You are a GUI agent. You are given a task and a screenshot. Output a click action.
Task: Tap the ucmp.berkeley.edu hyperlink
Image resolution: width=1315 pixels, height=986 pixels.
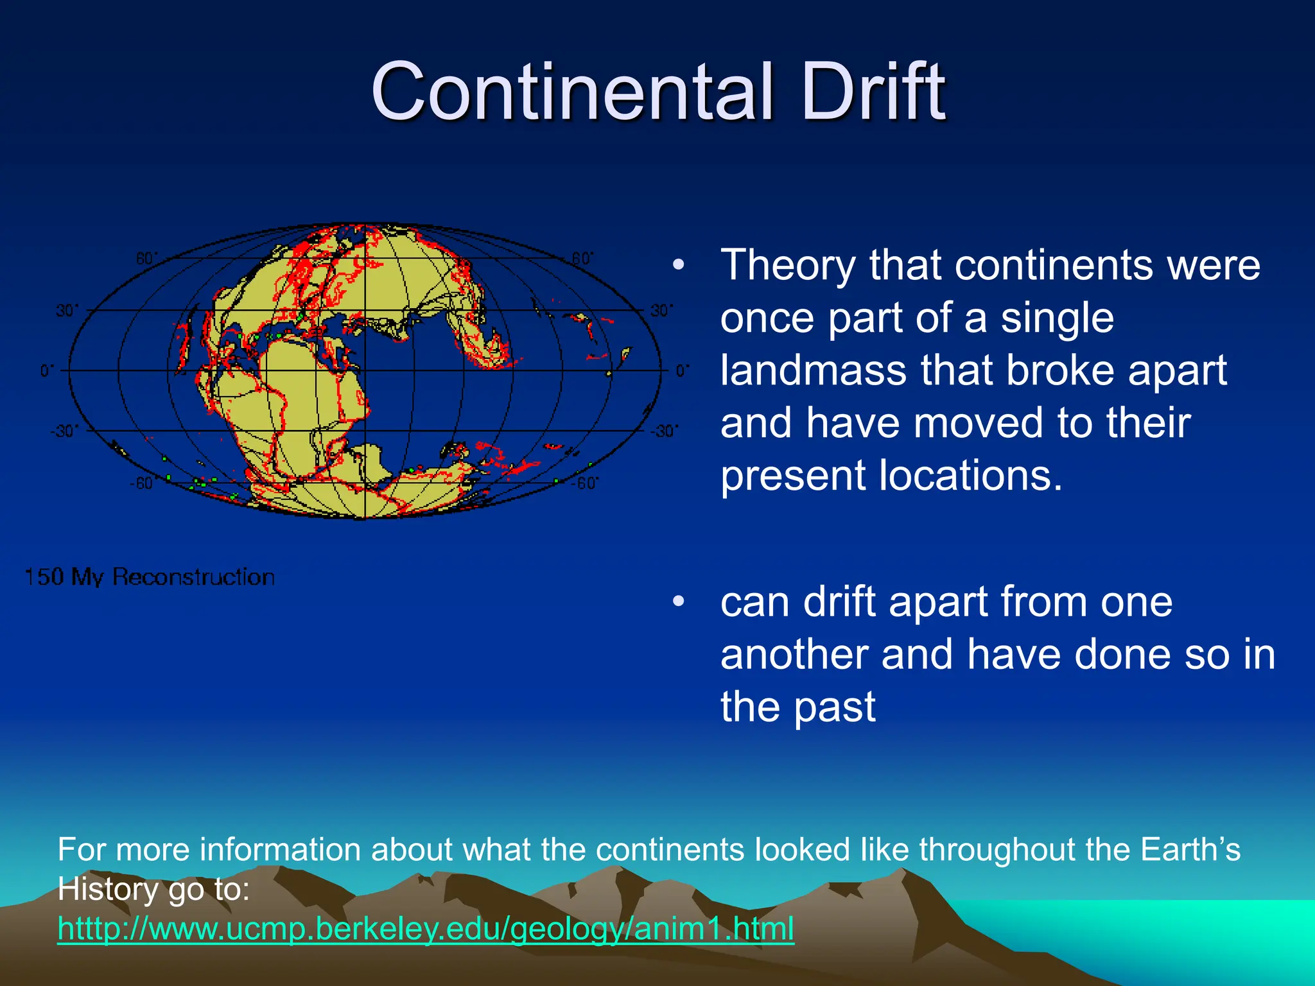coord(426,928)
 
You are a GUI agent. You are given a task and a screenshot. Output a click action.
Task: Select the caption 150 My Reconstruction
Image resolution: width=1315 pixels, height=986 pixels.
coord(150,576)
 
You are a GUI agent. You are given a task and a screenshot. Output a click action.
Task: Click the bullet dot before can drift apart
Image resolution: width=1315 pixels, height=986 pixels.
coord(679,601)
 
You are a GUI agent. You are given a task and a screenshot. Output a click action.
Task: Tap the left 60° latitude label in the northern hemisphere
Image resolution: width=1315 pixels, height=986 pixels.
coord(146,259)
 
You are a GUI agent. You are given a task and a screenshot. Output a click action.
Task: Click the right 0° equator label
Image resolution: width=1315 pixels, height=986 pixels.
coord(683,370)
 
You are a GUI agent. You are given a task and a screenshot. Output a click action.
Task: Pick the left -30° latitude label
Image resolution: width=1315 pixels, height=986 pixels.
coord(64,431)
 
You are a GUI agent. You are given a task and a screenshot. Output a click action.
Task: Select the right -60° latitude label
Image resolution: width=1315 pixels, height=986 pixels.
coord(585,483)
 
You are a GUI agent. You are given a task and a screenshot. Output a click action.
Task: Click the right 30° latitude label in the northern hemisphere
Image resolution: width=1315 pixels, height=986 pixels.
coord(662,311)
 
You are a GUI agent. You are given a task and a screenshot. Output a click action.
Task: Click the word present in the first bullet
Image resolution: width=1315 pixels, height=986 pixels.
coord(793,476)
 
